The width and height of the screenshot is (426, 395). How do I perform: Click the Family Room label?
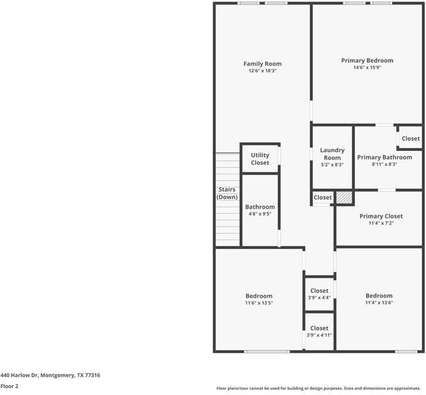262,64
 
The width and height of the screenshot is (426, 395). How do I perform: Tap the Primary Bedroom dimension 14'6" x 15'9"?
367,67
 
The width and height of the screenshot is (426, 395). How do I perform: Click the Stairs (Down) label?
227,193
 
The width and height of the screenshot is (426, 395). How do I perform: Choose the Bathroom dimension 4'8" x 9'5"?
259,214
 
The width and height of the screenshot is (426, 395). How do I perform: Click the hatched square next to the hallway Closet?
344,197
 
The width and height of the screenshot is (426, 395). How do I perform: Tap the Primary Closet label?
381,216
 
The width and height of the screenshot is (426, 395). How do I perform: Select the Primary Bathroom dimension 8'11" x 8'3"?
384,165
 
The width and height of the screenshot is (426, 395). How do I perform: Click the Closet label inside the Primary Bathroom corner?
410,139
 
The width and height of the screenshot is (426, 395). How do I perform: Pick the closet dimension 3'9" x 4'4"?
319,298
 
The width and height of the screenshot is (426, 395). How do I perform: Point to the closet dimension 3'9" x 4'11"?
319,335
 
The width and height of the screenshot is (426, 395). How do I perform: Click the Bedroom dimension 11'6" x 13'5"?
259,303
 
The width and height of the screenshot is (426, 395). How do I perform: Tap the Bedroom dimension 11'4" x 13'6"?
379,303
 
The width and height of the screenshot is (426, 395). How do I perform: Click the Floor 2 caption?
9,386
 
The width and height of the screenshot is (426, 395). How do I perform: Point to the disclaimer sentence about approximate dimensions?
318,388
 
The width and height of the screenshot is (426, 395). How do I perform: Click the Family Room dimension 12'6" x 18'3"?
262,71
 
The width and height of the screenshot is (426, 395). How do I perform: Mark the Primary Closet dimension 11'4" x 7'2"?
381,223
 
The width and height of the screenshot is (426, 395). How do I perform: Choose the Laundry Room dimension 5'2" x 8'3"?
332,165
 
